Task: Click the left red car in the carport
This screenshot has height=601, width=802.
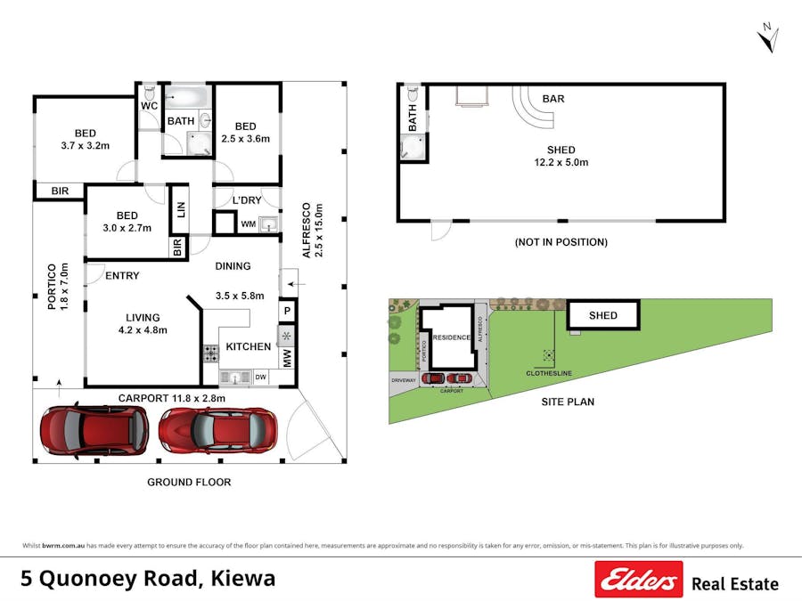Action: point(94,430)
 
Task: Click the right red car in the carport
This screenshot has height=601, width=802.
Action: point(217,432)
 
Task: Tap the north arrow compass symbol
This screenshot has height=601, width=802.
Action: point(768,38)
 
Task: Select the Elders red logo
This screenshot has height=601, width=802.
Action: point(638,580)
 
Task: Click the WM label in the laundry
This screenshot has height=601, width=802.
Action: point(248,224)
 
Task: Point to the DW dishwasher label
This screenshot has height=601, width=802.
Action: point(261,378)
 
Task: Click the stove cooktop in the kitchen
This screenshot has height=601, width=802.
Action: point(211,353)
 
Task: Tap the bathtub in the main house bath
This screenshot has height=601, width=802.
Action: point(186,95)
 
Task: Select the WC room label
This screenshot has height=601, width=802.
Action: point(149,106)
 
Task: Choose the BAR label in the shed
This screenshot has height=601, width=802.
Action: point(552,99)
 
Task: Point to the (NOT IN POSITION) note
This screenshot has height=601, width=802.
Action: point(561,242)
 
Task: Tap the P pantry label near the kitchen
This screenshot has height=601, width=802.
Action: point(287,311)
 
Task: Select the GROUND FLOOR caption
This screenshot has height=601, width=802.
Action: point(189,482)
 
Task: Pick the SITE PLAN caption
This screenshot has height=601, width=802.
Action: point(568,402)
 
